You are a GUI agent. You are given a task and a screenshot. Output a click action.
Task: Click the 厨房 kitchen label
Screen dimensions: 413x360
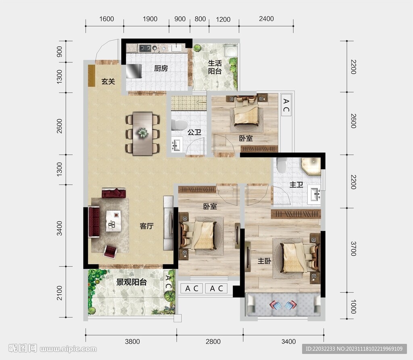tap(161, 68)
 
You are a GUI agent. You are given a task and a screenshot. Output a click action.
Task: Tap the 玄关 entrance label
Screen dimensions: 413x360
tap(108, 82)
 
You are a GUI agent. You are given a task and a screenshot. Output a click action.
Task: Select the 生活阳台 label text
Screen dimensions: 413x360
tap(215, 67)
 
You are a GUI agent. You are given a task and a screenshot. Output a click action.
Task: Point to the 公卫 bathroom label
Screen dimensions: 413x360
tap(194, 132)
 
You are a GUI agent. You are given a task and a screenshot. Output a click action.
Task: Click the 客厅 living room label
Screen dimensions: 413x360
tap(147, 226)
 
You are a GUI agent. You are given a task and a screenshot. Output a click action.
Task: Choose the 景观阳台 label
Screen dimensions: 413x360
tap(131, 282)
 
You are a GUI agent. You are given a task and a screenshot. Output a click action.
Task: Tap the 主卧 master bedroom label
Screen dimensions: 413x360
tap(264, 261)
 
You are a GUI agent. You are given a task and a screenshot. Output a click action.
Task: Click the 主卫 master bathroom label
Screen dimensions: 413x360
tap(296, 184)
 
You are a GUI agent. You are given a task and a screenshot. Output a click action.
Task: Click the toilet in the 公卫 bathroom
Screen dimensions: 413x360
tap(179, 125)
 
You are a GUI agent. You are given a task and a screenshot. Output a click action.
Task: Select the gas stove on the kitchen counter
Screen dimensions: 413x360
tap(145, 48)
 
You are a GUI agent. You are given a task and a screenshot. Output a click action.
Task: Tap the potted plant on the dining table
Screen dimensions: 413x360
tap(142, 132)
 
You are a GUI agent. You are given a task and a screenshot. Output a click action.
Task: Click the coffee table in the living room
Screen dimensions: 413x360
tap(113, 221)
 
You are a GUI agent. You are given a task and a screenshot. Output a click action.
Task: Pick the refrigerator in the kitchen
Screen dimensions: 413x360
tap(133, 71)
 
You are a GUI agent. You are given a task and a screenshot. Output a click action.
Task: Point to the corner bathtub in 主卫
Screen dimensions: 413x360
tap(311, 166)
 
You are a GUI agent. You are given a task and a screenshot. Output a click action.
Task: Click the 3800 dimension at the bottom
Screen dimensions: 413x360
tap(132, 342)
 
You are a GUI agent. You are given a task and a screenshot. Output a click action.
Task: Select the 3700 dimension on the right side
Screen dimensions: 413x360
tap(353, 249)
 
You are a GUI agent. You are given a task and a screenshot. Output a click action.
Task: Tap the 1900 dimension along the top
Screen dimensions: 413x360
tap(150, 19)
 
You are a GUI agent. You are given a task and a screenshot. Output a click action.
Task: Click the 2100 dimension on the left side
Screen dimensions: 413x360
tap(60, 293)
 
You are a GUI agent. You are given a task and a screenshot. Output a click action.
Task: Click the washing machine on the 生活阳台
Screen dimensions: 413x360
tap(231, 50)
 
